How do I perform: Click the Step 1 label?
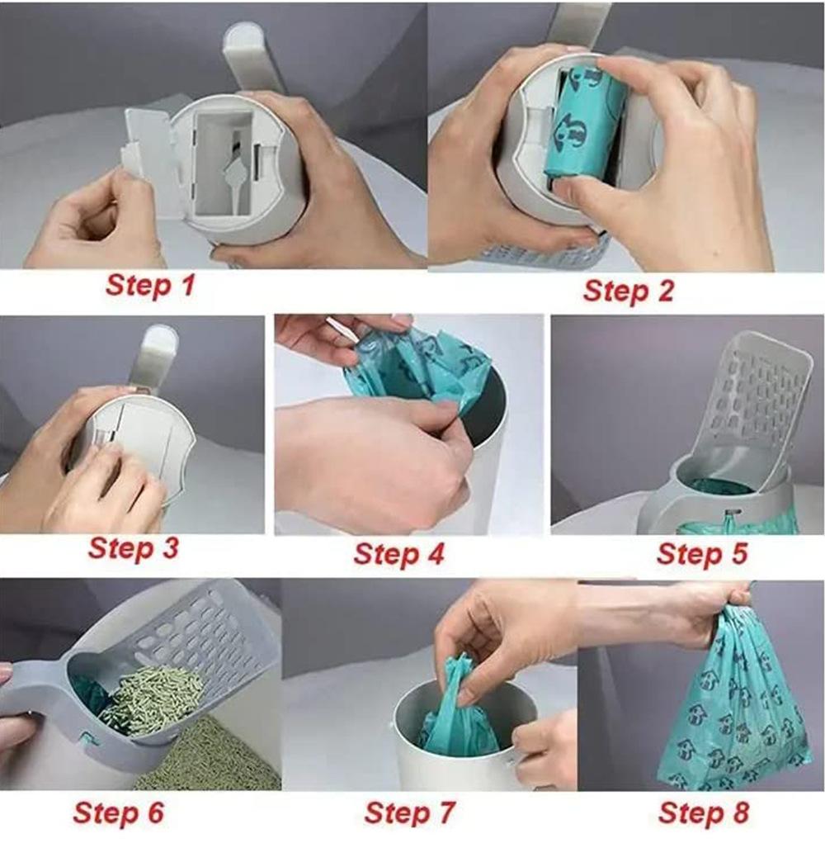click(x=150, y=286)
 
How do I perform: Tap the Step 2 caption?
click(x=628, y=291)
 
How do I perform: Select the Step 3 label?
click(x=134, y=548)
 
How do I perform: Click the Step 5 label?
click(x=702, y=553)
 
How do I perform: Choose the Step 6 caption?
click(x=119, y=812)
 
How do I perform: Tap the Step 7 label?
click(x=410, y=812)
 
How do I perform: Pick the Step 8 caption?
click(x=704, y=812)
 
